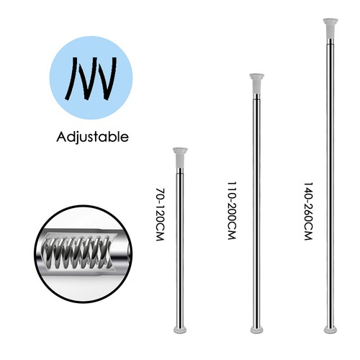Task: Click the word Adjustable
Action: [x=92, y=138]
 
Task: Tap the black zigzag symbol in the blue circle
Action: [x=91, y=78]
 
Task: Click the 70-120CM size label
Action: [x=160, y=215]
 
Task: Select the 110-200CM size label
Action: [x=232, y=210]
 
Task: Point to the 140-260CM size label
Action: [x=309, y=211]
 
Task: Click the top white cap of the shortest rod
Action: [x=180, y=158]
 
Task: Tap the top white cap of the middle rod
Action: [x=256, y=84]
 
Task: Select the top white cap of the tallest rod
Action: [x=330, y=28]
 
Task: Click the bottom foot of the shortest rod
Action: [x=180, y=330]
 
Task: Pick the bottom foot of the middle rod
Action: [x=257, y=330]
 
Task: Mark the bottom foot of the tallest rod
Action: [x=330, y=330]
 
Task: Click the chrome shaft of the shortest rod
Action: [x=180, y=247]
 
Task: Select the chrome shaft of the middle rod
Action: [x=256, y=210]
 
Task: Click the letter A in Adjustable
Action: [x=61, y=137]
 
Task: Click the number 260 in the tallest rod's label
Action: [x=309, y=215]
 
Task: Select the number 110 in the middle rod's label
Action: [x=232, y=189]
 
